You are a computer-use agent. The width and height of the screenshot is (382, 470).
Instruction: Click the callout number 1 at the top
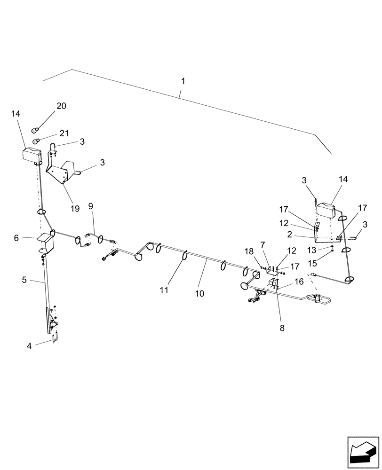click(183, 81)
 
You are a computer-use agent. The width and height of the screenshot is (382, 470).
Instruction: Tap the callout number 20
click(62, 106)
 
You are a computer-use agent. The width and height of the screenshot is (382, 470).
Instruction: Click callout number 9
click(91, 206)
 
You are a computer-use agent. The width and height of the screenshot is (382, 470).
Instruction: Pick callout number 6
click(16, 238)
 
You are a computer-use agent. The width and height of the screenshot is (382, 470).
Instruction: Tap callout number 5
click(24, 281)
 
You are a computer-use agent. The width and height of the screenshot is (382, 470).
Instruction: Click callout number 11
click(164, 290)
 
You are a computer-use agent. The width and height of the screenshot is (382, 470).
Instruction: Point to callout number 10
click(199, 293)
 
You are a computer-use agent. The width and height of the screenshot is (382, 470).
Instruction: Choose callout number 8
click(282, 329)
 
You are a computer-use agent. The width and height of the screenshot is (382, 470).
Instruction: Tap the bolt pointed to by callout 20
click(35, 129)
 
